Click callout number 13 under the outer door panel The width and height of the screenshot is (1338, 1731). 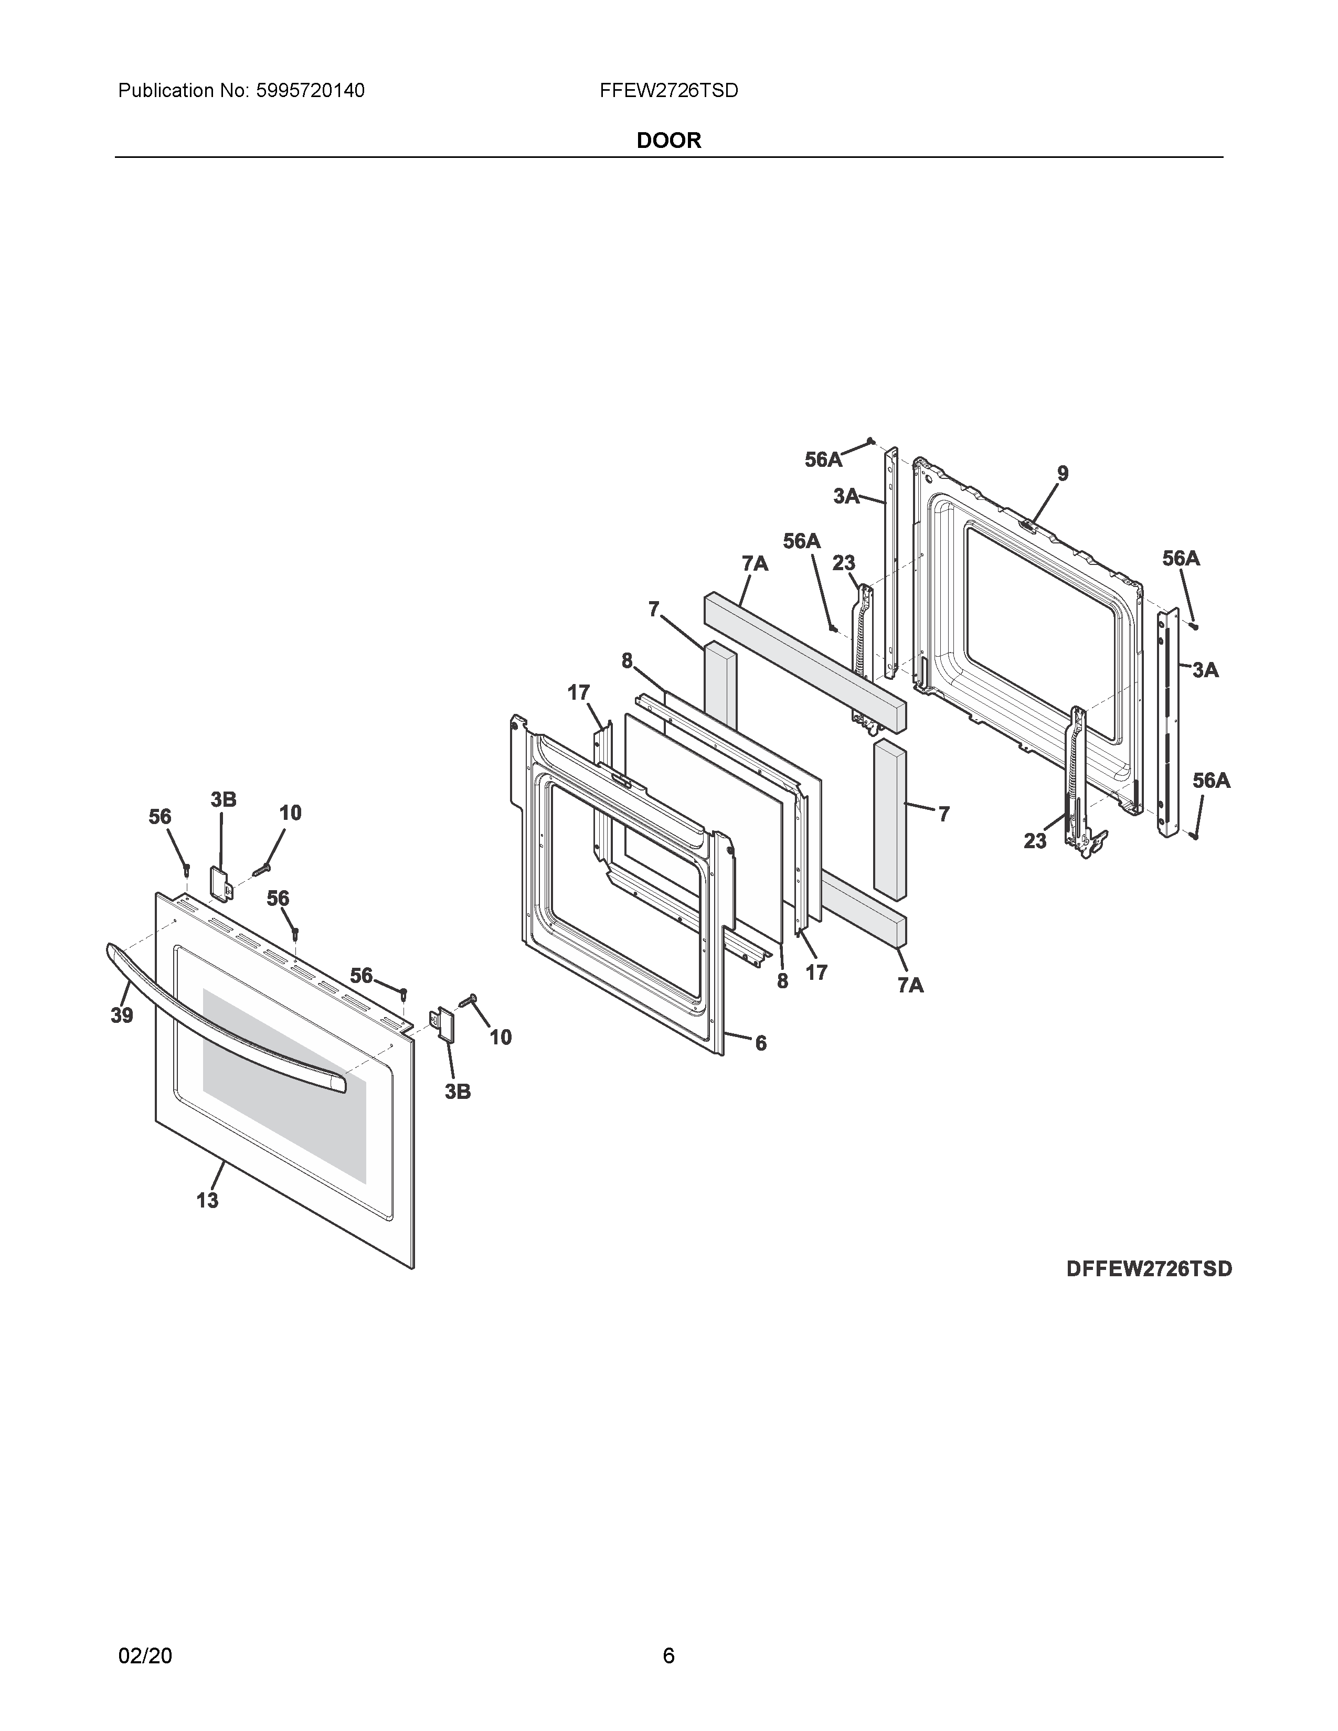click(208, 1201)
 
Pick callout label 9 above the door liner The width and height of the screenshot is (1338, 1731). click(1062, 474)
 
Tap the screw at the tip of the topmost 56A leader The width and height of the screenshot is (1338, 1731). click(870, 441)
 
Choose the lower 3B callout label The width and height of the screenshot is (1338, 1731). click(458, 1092)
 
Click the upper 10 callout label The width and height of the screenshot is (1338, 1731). click(290, 813)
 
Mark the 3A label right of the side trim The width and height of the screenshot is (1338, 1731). click(1205, 670)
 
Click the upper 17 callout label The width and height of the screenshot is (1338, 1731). click(579, 693)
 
